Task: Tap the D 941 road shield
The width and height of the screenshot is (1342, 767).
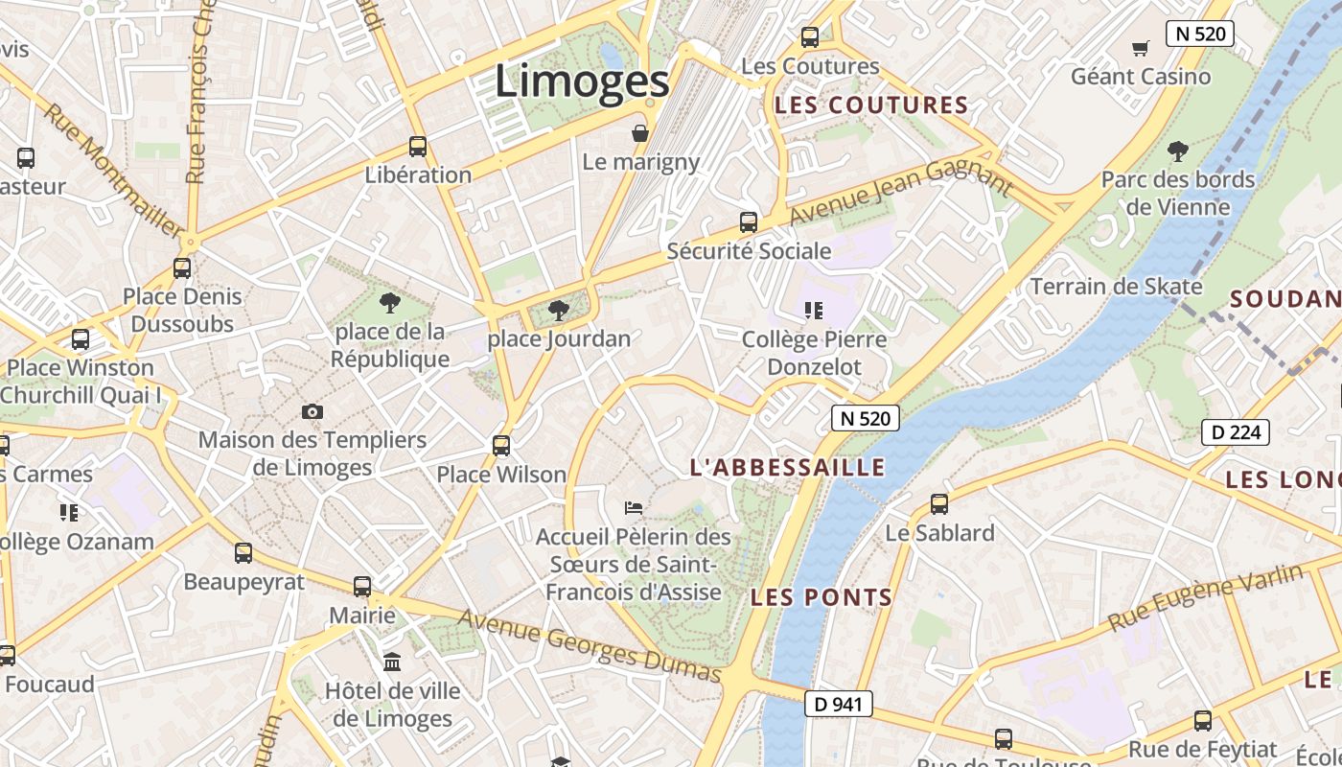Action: [x=838, y=704]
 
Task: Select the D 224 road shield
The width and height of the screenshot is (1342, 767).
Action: [x=1236, y=432]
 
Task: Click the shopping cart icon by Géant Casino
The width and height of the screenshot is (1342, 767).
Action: [x=1141, y=48]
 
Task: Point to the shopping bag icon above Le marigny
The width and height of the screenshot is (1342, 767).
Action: [x=640, y=133]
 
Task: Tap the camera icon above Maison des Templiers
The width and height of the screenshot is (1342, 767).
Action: [x=312, y=412]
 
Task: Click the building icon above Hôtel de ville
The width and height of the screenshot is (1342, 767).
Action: [x=392, y=662]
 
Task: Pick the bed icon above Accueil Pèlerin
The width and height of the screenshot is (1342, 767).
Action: [x=633, y=507]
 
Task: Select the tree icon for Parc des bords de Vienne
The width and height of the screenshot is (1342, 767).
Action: [x=1177, y=151]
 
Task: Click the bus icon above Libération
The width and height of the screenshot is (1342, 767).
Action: [x=418, y=147]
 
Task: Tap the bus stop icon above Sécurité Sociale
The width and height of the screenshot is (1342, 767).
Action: [x=749, y=222]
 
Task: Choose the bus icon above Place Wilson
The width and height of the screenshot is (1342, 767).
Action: [x=501, y=446]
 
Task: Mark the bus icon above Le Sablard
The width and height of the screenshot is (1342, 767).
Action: [x=939, y=504]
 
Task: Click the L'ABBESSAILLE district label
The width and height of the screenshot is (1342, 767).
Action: [x=788, y=468]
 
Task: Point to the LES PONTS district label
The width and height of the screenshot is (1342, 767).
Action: [x=821, y=598]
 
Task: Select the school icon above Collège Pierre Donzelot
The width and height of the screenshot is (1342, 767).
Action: [x=814, y=311]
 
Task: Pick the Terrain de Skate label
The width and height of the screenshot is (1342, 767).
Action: [x=1116, y=287]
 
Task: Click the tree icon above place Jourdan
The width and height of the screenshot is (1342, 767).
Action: [x=558, y=311]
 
